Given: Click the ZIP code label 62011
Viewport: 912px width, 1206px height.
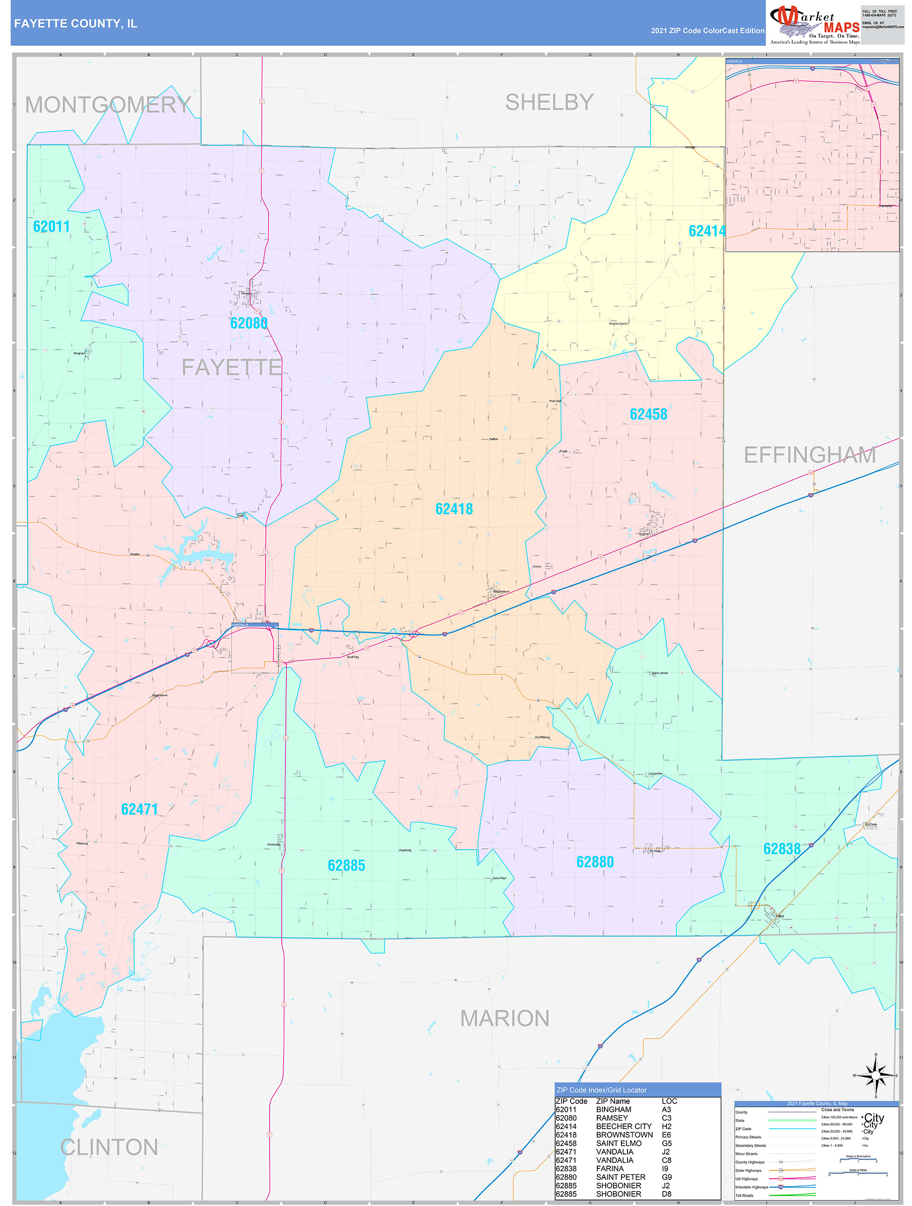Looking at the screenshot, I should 51,226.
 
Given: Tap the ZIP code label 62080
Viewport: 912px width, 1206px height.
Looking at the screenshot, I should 248,323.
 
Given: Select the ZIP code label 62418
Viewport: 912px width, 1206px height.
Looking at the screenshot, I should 454,509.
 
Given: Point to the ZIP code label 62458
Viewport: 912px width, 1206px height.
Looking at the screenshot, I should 648,414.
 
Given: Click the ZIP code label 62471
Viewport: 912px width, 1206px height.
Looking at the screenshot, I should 139,809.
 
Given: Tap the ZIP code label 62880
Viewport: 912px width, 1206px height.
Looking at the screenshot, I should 595,862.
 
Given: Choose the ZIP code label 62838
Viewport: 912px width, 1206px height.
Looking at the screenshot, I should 782,849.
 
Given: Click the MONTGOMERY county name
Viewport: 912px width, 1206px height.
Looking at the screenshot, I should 108,105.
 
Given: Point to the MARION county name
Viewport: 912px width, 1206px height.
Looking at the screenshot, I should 505,1019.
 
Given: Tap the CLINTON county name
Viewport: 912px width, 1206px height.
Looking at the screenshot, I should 109,1148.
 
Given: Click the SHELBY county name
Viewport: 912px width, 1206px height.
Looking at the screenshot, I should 549,102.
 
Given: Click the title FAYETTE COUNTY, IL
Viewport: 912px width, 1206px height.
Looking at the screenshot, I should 75,24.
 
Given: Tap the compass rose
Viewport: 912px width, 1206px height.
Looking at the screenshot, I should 875,1076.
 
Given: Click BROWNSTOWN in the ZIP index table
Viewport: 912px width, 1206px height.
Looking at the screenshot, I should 624,1135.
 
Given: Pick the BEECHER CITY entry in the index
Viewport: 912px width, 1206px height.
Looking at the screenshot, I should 623,1126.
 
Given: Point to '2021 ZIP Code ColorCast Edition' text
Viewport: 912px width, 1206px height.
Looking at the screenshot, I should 707,31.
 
